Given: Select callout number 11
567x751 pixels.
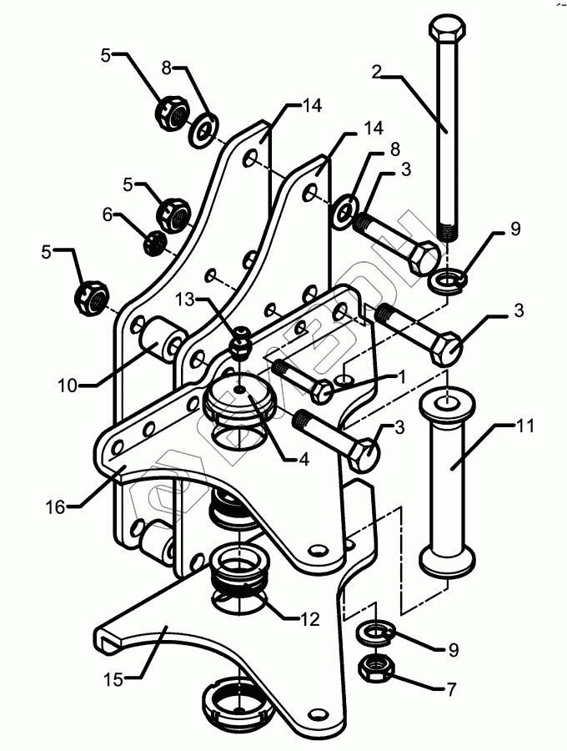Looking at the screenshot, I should [524, 427].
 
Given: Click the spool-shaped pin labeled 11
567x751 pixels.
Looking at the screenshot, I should [449, 484].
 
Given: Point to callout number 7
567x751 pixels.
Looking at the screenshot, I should [451, 689].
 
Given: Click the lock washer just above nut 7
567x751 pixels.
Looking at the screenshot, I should [374, 633].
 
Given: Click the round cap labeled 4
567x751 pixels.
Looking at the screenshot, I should [240, 399].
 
